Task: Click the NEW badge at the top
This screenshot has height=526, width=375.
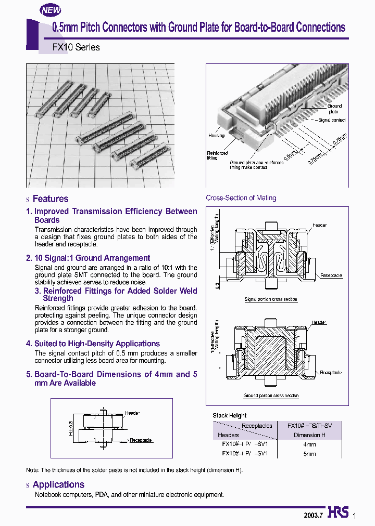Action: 51,10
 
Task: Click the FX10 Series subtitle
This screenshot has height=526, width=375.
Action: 76,47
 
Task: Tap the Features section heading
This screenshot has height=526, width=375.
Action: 50,199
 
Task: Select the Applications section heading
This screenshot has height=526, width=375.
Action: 58,484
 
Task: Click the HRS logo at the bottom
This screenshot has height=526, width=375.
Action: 338,512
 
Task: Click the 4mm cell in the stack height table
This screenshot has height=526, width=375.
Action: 309,444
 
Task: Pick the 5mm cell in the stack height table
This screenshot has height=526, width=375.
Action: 309,453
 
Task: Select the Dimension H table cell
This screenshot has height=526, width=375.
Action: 309,435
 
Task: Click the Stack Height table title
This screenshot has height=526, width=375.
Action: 229,415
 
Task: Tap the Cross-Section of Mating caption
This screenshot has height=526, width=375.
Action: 241,198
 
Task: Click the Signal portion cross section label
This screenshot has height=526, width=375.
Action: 271,299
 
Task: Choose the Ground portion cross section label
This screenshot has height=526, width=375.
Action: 271,396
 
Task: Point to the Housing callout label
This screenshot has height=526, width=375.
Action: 216,136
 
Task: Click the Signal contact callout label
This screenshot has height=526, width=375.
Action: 332,120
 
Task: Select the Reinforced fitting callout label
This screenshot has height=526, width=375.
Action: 217,156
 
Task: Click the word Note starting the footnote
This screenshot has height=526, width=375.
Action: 32,470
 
